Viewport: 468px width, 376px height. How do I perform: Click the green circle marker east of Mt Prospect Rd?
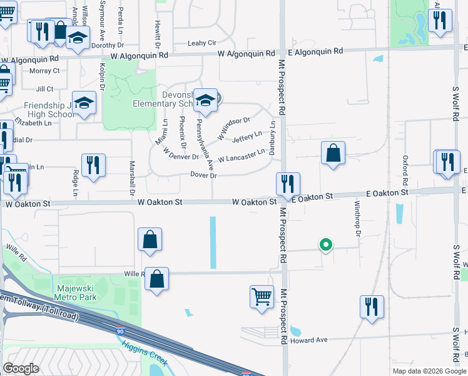click(325, 245)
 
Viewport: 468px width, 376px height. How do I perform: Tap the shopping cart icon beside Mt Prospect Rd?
click(262, 296)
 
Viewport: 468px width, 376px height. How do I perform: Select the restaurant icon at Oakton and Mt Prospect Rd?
click(288, 184)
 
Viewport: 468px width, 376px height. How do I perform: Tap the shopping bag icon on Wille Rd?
click(156, 279)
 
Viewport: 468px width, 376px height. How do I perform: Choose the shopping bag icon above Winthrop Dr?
click(333, 152)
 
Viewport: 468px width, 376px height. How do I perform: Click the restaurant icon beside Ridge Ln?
click(93, 165)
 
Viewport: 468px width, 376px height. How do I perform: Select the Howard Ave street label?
click(309, 340)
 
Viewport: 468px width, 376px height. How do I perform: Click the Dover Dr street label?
click(203, 175)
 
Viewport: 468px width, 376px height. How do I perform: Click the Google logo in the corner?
click(21, 368)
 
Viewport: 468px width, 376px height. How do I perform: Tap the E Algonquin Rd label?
click(315, 51)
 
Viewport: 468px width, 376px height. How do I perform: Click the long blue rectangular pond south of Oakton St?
click(213, 243)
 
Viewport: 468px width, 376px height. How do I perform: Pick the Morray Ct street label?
click(44, 71)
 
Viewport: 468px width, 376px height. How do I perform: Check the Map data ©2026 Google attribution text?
click(429, 371)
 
